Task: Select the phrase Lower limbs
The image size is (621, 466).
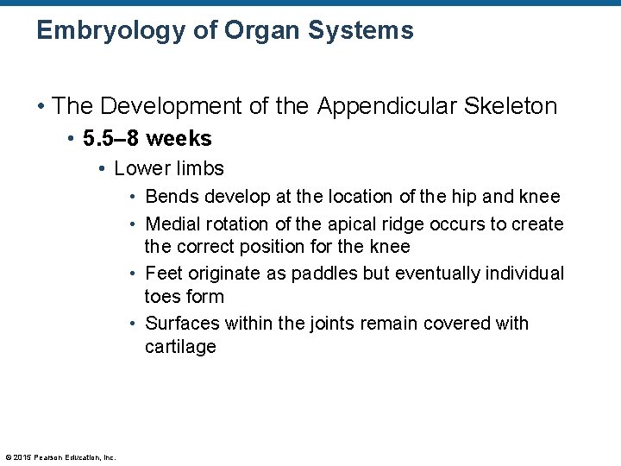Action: pyautogui.click(x=169, y=169)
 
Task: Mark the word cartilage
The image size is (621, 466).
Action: pyautogui.click(x=180, y=347)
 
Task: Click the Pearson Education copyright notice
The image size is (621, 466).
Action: pyautogui.click(x=60, y=457)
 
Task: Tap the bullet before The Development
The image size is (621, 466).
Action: pyautogui.click(x=41, y=107)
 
